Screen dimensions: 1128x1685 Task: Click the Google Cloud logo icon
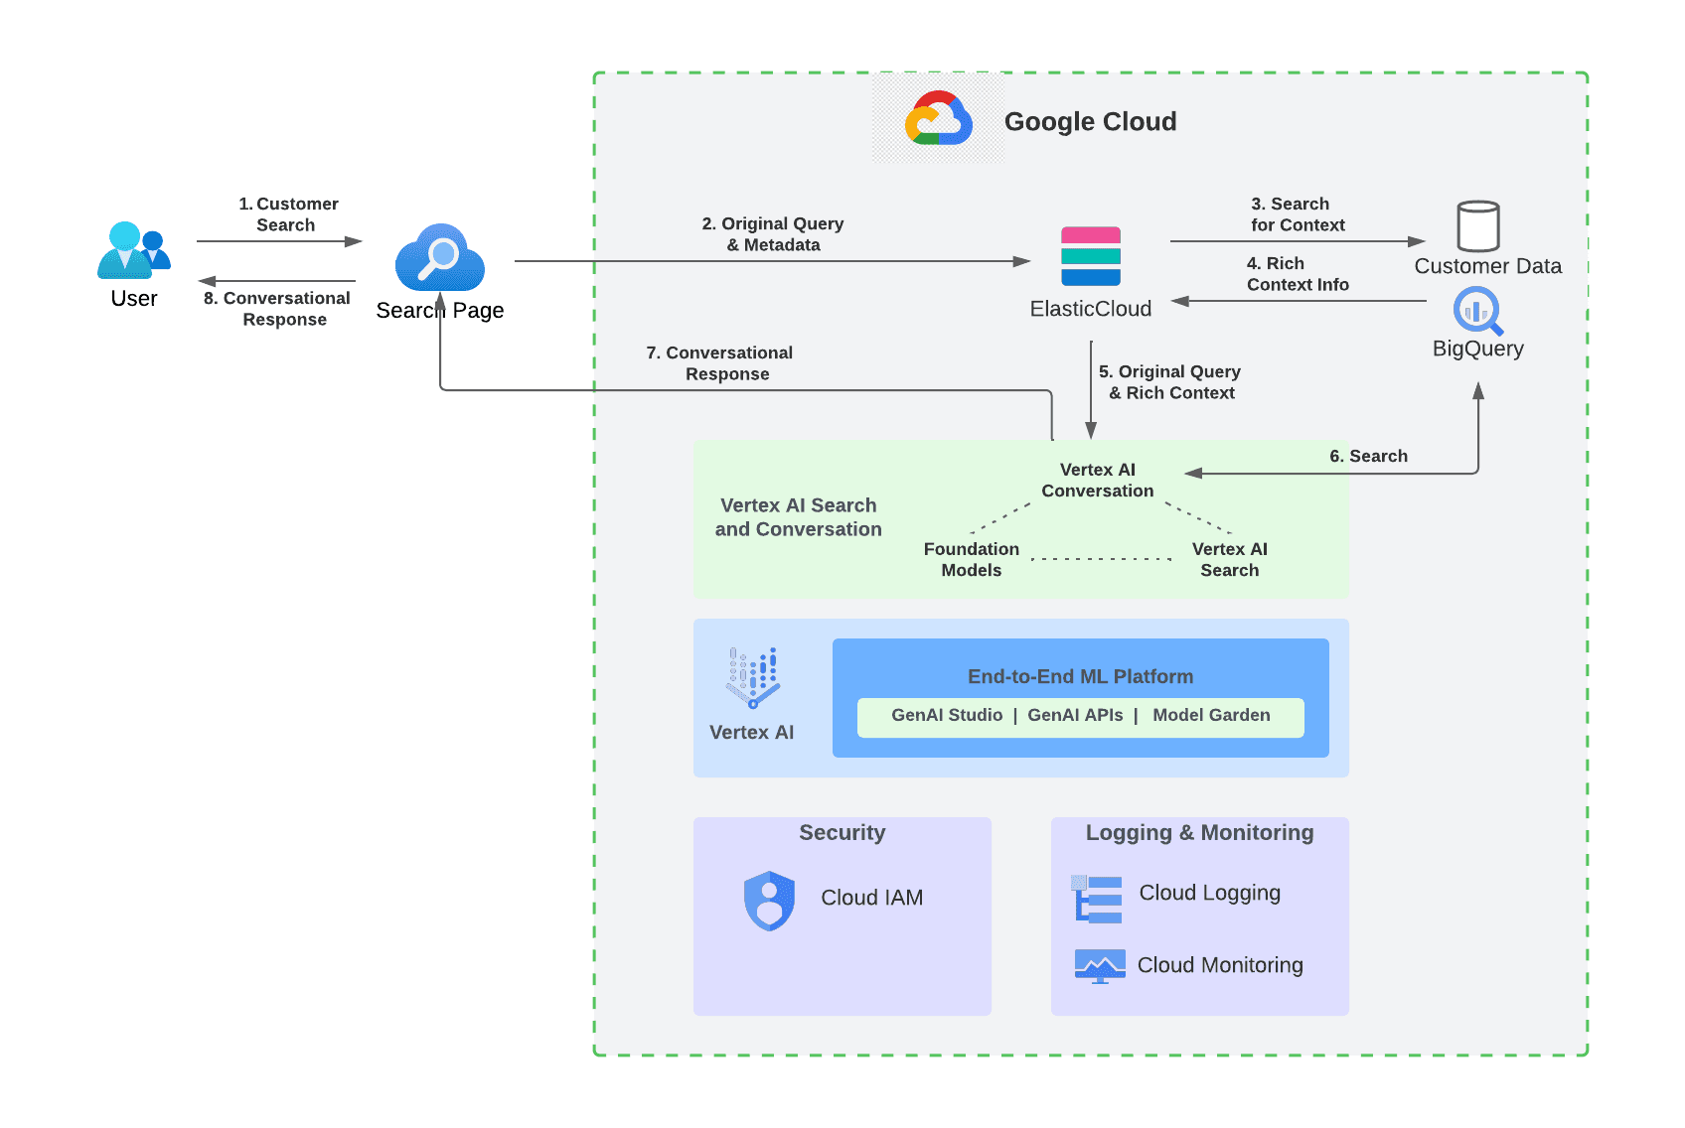[938, 120]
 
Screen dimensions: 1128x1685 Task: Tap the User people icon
[133, 250]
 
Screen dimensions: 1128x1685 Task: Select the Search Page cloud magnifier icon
[439, 257]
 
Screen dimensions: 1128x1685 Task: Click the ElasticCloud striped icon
[1090, 256]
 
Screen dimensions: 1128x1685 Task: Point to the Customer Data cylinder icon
[1477, 226]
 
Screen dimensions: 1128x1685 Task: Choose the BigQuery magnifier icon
[1477, 311]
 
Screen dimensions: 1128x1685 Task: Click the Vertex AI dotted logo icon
[753, 677]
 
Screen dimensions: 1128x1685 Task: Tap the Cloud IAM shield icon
[769, 901]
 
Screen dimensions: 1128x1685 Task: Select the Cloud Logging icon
[1098, 899]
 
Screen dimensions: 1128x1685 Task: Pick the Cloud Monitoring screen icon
[1100, 965]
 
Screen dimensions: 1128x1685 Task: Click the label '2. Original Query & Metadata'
[773, 234]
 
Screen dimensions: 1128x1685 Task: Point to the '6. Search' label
[1368, 456]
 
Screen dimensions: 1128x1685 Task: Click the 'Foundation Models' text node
[971, 559]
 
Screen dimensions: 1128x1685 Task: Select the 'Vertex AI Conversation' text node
[1097, 480]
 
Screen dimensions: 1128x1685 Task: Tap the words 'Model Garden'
[1211, 715]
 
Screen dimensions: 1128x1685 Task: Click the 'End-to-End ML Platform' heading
[1080, 676]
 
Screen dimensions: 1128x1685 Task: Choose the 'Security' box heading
[842, 832]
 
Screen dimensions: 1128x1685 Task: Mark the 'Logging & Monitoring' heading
[1199, 832]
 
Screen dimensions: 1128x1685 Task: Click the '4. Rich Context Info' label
[1297, 274]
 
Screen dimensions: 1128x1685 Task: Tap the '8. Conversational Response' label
[277, 309]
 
